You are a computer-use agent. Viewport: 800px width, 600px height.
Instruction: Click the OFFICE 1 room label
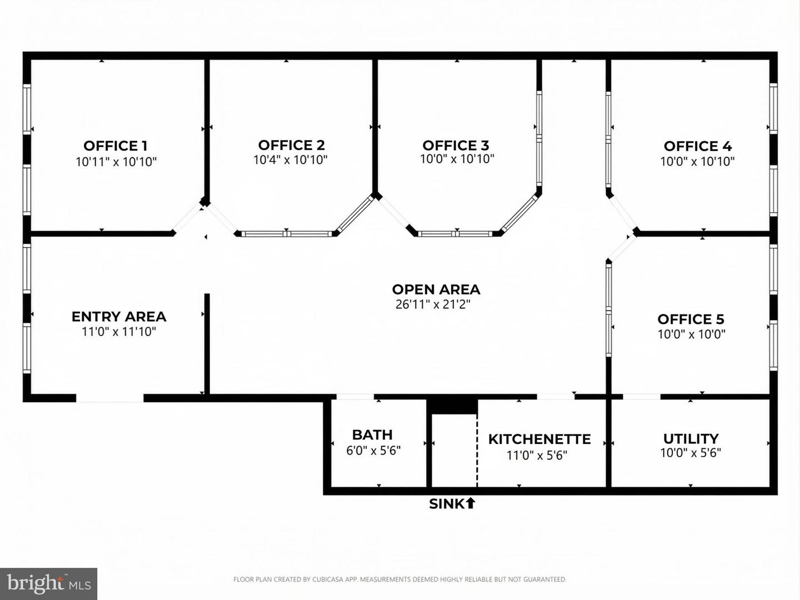pos(116,146)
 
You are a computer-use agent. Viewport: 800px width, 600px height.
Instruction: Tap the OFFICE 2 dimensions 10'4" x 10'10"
pos(291,160)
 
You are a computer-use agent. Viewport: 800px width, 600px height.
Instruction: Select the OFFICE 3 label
pos(456,146)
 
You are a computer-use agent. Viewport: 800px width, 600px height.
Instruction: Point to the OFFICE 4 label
pos(698,146)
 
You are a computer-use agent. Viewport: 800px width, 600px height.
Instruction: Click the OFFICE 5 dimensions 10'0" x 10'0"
pos(692,334)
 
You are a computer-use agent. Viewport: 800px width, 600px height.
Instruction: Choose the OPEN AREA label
pos(436,289)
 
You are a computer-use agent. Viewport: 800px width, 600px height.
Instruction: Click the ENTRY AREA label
pos(119,317)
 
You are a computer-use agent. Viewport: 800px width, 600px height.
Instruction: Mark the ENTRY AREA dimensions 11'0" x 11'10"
pos(119,332)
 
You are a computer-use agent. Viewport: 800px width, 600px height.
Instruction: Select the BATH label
pos(372,434)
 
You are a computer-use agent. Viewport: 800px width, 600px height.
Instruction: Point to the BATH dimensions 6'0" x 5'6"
pos(373,451)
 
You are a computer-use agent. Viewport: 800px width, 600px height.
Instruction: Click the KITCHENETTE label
pos(539,439)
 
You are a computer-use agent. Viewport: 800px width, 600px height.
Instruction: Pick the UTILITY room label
pos(691,438)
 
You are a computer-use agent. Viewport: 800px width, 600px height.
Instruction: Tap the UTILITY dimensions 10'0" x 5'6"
pos(691,453)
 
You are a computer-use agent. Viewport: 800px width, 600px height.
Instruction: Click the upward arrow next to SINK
pos(471,503)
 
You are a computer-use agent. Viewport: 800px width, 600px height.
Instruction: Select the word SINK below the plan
pos(447,504)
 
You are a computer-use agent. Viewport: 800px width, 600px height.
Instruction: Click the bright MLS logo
pos(49,583)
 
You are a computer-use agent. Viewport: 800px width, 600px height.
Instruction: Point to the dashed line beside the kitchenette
pos(477,450)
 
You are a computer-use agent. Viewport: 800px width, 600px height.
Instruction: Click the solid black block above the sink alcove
pos(454,405)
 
